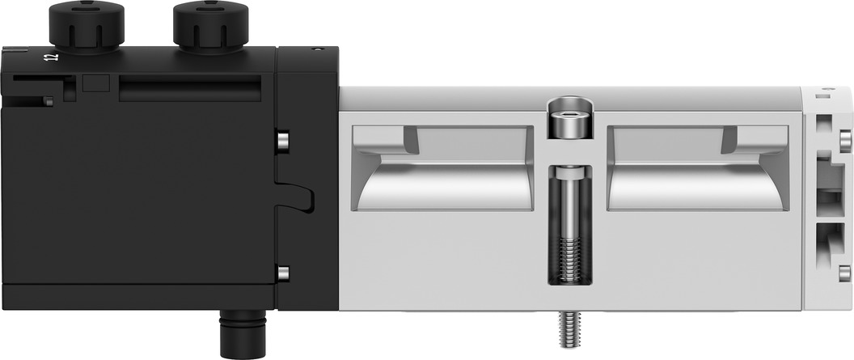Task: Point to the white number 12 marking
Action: (53, 57)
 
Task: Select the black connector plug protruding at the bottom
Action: (243, 334)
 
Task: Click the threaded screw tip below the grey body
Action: (569, 329)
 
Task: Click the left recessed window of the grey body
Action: (442, 168)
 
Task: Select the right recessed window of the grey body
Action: (698, 168)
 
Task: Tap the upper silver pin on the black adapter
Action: (283, 141)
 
